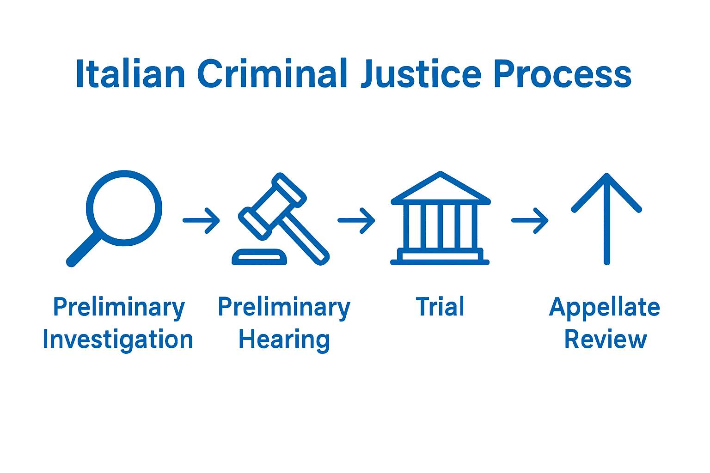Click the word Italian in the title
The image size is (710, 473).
[x=130, y=74]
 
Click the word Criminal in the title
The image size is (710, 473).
[x=273, y=74]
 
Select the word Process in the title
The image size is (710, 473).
[x=562, y=74]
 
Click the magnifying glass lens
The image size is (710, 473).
[x=124, y=208]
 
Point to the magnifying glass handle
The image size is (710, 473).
[x=83, y=249]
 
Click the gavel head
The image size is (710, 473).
[x=273, y=206]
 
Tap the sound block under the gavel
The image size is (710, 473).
[x=259, y=257]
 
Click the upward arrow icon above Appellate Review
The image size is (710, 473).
[x=606, y=217]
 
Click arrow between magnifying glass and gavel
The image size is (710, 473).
[x=201, y=220]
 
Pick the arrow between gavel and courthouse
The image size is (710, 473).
[x=356, y=220]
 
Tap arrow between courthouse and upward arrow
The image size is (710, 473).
[x=530, y=220]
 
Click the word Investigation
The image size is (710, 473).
[x=118, y=340]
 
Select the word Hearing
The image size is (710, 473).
[x=284, y=340]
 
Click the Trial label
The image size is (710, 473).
[x=440, y=307]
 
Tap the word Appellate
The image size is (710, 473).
[x=605, y=308]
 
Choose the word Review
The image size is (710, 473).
[x=606, y=340]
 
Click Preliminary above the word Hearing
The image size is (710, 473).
[x=284, y=308]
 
